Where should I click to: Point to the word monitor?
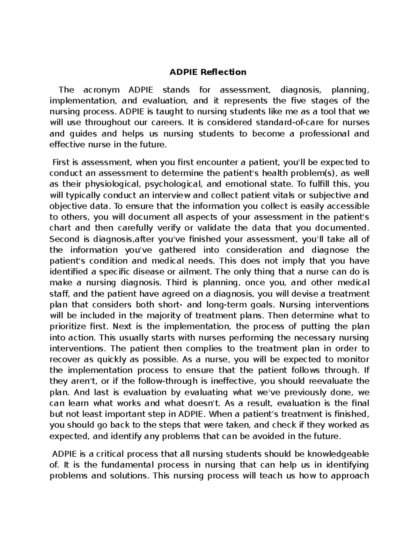point(353,359)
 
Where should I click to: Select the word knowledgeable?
point(334,454)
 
